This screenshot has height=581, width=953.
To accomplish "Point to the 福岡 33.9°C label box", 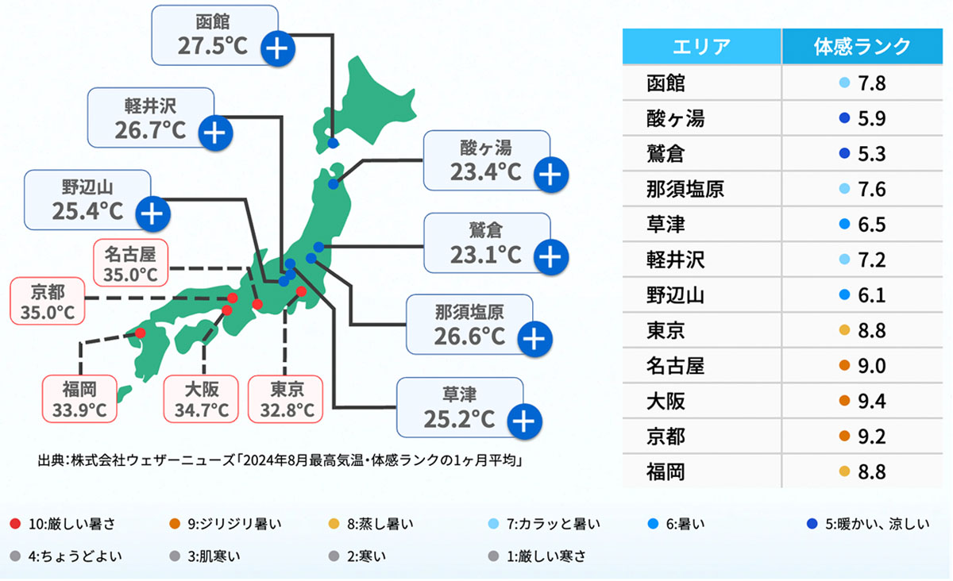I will coord(79,399).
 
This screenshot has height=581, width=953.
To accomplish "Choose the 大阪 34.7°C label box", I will coord(201,399).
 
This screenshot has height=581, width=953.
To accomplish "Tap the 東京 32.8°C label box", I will coord(287,399).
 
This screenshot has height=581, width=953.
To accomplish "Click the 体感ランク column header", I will coord(862,46).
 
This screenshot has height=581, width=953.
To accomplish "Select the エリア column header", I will coord(701,46).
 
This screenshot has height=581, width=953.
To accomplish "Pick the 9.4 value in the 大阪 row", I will coord(871,401).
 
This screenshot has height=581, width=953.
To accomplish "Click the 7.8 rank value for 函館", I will coord(871,83).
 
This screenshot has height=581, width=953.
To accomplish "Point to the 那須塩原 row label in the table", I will coord(685,189).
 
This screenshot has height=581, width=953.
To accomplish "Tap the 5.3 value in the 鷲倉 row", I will coord(871,154).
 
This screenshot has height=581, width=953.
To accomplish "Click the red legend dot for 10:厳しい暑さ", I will coord(16,524).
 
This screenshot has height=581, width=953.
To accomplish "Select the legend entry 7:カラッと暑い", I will coord(548,524).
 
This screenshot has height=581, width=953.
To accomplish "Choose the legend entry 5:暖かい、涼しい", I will coord(869,524).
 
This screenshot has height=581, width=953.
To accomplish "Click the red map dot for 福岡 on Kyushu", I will coord(141,333).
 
